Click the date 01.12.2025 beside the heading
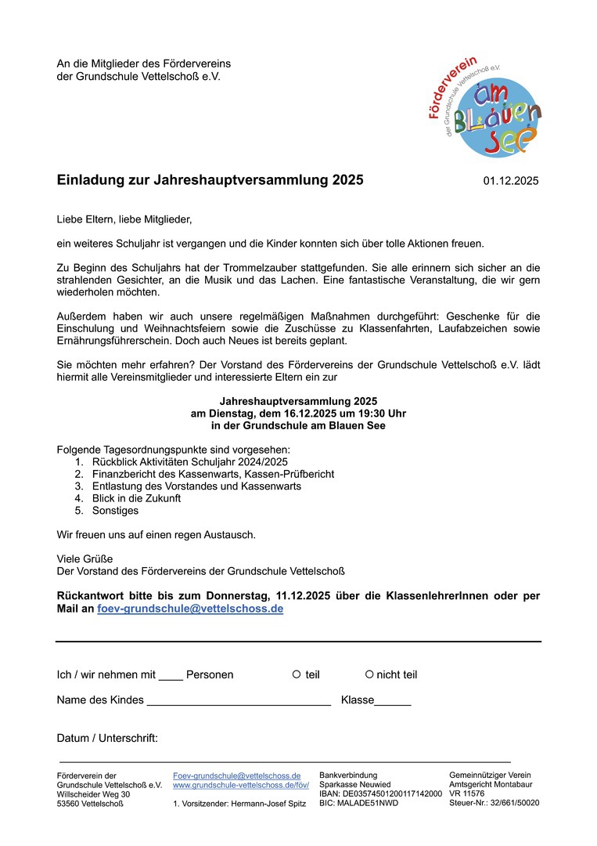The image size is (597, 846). click(x=511, y=181)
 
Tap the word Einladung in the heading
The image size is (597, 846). click(x=88, y=180)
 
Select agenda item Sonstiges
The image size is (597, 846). click(x=115, y=511)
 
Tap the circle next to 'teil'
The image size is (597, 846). click(x=297, y=674)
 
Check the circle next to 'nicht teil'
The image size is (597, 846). click(x=369, y=674)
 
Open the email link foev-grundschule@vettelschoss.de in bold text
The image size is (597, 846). click(x=190, y=609)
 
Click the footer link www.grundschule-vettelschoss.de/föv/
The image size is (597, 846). click(x=241, y=784)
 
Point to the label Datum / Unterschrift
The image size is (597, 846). click(x=107, y=738)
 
